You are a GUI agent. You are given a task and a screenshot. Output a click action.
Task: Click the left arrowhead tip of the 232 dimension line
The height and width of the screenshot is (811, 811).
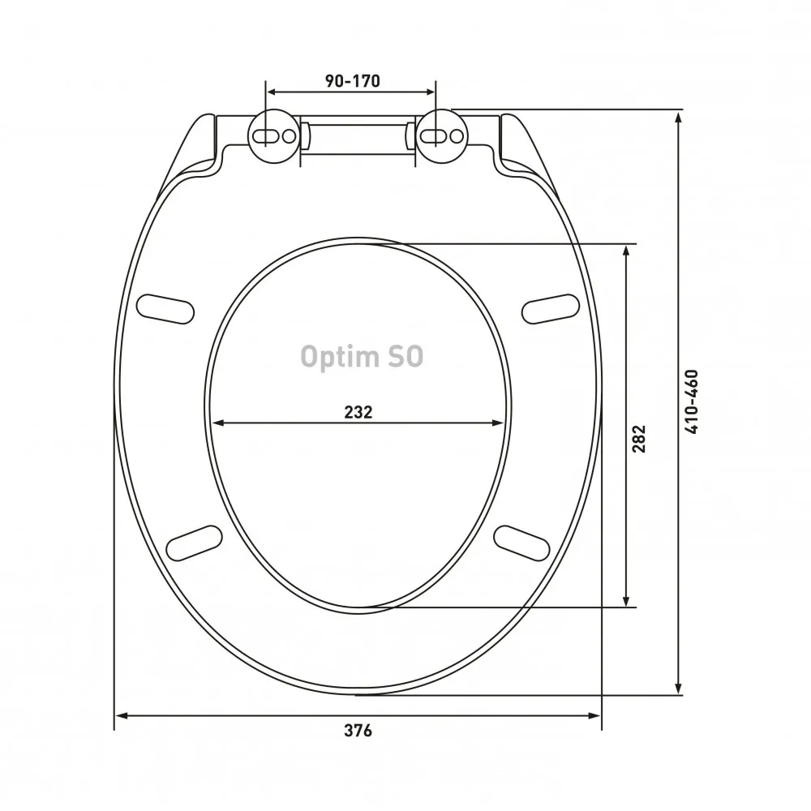click(x=212, y=423)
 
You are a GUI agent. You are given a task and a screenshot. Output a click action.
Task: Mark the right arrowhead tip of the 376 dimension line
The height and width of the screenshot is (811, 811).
click(x=601, y=716)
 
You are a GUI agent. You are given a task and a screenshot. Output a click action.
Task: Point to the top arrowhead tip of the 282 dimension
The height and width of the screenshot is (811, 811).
click(x=626, y=245)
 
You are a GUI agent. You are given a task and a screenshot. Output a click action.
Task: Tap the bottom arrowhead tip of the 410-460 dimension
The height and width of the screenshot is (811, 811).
click(x=679, y=694)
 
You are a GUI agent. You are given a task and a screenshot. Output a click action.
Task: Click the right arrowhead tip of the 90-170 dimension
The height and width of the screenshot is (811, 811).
click(x=435, y=92)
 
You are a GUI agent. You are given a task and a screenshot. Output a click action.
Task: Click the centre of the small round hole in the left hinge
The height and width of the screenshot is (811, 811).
click(x=290, y=136)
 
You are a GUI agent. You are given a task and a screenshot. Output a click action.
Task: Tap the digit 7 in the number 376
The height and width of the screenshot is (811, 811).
click(x=358, y=731)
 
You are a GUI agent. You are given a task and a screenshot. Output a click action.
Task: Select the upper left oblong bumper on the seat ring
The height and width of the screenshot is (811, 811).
click(x=165, y=309)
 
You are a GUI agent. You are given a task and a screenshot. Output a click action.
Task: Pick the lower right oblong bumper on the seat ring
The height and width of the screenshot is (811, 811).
click(x=521, y=543)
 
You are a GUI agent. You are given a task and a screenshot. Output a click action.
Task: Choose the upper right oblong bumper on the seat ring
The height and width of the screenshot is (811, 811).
click(x=551, y=309)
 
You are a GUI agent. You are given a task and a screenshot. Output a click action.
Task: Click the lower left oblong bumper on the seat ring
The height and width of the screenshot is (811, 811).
click(x=195, y=543)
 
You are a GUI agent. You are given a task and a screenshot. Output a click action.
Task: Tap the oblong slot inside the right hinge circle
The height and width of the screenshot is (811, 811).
click(x=432, y=136)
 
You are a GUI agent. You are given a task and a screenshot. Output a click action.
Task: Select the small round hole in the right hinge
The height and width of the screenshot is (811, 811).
click(x=456, y=136)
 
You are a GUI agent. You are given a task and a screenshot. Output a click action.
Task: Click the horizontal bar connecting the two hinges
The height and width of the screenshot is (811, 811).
click(x=358, y=137)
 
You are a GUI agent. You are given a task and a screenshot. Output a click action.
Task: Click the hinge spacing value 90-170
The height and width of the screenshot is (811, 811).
click(x=352, y=80)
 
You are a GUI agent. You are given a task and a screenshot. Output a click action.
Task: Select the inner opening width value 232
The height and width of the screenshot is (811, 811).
click(x=358, y=412)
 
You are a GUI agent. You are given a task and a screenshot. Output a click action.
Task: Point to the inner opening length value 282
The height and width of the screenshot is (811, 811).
click(x=639, y=439)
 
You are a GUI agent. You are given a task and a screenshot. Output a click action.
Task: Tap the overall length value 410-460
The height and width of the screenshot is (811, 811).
click(x=692, y=402)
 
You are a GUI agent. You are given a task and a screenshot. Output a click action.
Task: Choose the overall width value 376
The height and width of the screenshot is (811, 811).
click(x=358, y=731)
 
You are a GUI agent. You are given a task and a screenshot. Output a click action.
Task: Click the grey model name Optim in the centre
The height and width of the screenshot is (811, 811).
click(x=339, y=357)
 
